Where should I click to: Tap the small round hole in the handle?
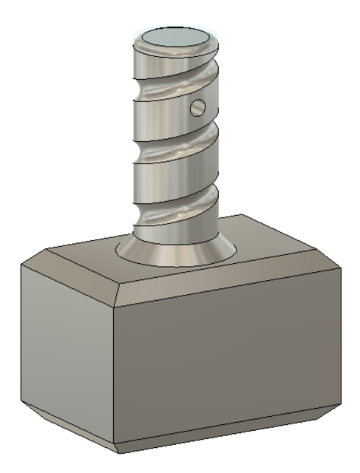pos(197,108)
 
